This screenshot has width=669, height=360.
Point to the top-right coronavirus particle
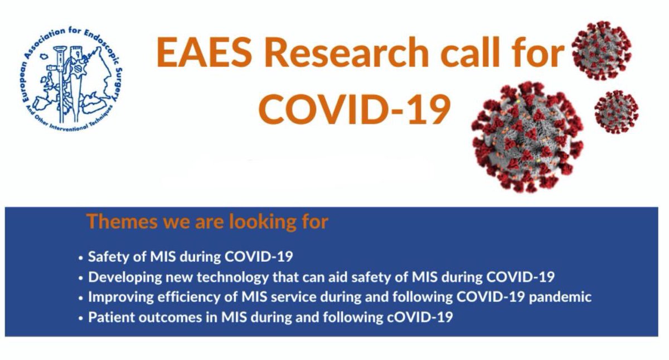[601, 50]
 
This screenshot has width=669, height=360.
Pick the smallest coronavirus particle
[615, 111]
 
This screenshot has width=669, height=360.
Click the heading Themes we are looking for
[207, 221]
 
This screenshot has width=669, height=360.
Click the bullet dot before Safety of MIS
[81, 258]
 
